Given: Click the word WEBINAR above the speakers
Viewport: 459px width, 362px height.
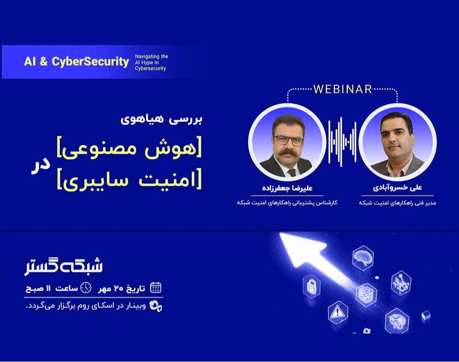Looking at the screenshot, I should [x=343, y=89].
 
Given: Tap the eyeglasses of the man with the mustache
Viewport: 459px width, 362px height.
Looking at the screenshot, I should [x=289, y=140].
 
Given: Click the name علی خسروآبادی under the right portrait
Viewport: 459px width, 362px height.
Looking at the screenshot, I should [x=397, y=188].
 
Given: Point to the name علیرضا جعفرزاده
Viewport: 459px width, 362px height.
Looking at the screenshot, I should [x=287, y=188].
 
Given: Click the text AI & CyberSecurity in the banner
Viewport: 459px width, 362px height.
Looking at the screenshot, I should [x=76, y=62].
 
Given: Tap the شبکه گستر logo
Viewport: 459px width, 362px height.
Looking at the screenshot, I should [x=64, y=265].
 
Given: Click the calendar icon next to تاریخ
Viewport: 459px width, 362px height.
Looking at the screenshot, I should [x=156, y=288].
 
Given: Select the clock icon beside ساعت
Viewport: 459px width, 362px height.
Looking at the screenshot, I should [x=86, y=288].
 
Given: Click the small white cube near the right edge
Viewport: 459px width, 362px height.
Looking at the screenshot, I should [x=426, y=315].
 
